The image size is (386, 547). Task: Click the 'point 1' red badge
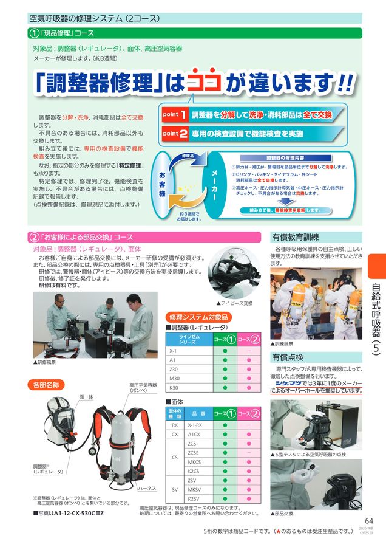click(174, 114)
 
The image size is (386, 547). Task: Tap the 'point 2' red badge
click(174, 133)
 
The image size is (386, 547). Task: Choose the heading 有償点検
click(288, 357)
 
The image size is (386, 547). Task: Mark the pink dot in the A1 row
click(248, 360)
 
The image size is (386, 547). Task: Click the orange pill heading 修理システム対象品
click(198, 317)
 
